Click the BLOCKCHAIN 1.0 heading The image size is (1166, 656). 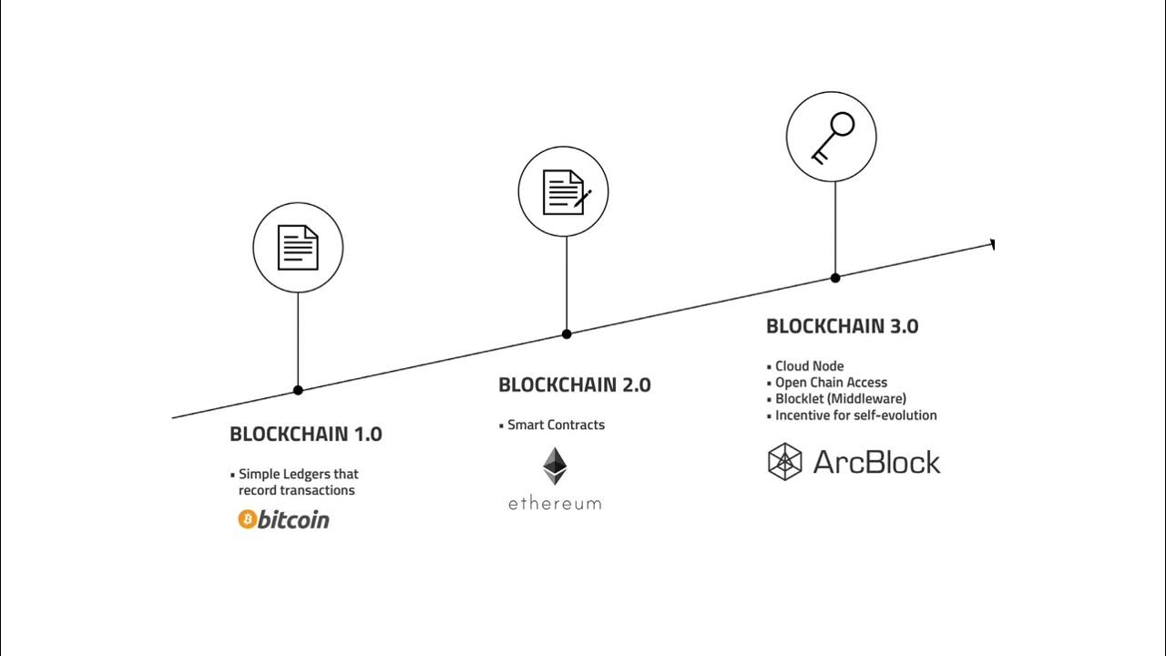tap(305, 435)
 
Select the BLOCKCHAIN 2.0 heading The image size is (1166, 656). tap(574, 385)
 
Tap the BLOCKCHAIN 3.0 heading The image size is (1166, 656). tap(842, 326)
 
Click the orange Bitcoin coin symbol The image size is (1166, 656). tap(247, 519)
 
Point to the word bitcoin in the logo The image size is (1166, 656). tap(293, 519)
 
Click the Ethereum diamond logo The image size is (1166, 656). tap(554, 466)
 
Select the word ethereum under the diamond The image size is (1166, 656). tap(554, 503)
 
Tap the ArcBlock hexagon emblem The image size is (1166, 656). tap(784, 461)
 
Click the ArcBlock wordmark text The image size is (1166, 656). tap(875, 462)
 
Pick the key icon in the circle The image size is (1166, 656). tap(832, 137)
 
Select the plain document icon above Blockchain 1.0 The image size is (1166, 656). tap(298, 247)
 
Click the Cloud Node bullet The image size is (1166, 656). tap(809, 366)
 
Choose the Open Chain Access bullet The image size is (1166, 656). tap(831, 383)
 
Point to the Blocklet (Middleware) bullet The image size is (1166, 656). tap(840, 399)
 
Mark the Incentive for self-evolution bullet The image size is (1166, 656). tap(855, 415)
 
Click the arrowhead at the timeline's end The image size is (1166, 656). tap(991, 244)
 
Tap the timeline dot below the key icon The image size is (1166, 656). tap(835, 278)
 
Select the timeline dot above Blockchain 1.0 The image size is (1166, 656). tap(298, 390)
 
